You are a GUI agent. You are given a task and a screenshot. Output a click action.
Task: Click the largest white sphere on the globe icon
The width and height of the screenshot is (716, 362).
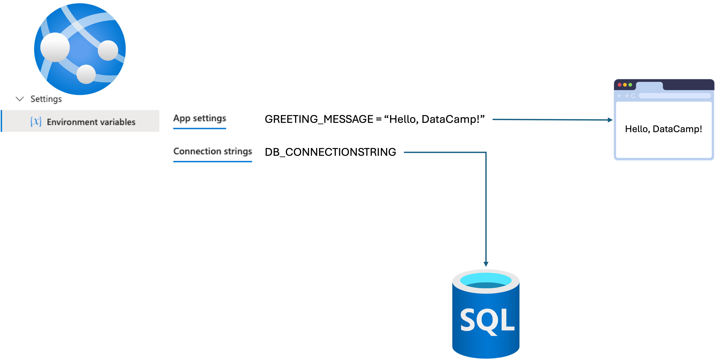pyautogui.click(x=55, y=47)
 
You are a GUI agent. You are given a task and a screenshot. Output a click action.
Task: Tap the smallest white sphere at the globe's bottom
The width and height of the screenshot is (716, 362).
pyautogui.click(x=86, y=74)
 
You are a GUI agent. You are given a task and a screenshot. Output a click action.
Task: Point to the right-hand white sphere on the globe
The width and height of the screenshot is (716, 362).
pyautogui.click(x=108, y=50)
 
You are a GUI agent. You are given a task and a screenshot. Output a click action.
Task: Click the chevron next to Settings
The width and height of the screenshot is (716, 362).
pyautogui.click(x=20, y=99)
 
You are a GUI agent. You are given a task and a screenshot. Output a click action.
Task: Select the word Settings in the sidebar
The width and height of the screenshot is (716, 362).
pyautogui.click(x=46, y=99)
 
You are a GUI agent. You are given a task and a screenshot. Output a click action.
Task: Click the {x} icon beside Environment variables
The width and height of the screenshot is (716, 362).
pyautogui.click(x=36, y=122)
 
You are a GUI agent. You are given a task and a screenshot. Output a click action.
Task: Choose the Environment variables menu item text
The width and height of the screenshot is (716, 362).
pyautogui.click(x=91, y=122)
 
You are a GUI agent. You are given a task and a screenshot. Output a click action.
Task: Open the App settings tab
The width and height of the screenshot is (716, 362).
pyautogui.click(x=199, y=118)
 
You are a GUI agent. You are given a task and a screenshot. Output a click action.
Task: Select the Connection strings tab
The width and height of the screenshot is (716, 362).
pyautogui.click(x=213, y=151)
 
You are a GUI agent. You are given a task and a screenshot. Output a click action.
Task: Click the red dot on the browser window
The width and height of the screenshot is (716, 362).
pyautogui.click(x=620, y=85)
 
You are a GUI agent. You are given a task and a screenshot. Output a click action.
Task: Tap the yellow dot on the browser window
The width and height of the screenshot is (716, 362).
pyautogui.click(x=625, y=85)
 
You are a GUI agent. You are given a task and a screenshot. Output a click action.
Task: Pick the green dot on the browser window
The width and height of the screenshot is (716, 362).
pyautogui.click(x=630, y=85)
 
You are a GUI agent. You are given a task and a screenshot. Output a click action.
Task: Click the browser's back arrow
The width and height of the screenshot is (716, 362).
pyautogui.click(x=619, y=96)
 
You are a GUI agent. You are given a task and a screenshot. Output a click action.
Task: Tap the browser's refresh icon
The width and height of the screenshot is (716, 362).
pyautogui.click(x=633, y=96)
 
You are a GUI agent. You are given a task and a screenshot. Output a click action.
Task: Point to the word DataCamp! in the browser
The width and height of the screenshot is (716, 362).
pyautogui.click(x=677, y=129)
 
